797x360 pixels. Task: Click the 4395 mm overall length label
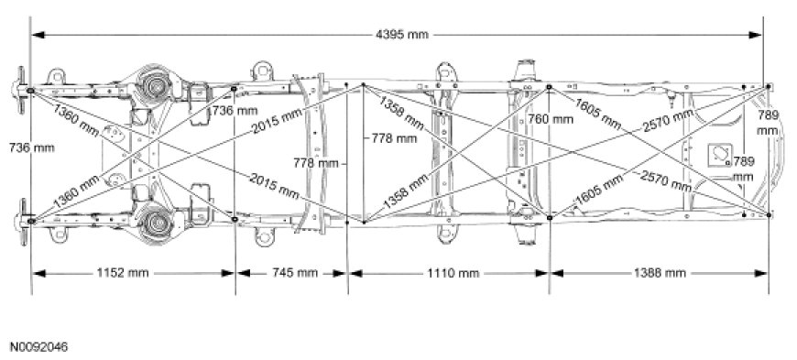(x=402, y=35)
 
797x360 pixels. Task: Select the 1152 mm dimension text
(x=123, y=273)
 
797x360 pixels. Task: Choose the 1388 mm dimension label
(x=660, y=273)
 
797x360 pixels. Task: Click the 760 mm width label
(x=551, y=119)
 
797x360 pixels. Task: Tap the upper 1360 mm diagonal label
(x=75, y=120)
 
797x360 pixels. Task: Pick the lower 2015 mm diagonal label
(x=274, y=186)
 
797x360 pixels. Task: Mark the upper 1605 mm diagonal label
(x=597, y=114)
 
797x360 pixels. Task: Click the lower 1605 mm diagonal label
(x=598, y=191)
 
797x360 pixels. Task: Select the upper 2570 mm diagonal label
(x=668, y=121)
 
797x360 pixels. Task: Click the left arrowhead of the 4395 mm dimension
(x=38, y=35)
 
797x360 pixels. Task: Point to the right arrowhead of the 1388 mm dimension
(x=761, y=273)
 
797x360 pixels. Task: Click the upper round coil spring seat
(x=155, y=86)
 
